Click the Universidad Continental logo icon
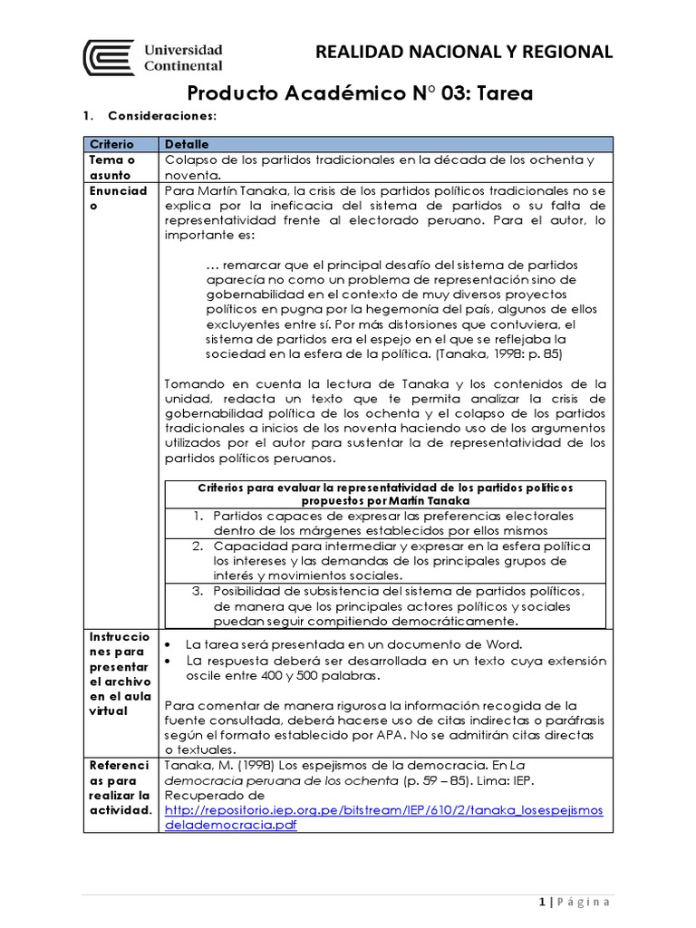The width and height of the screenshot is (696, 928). point(109,57)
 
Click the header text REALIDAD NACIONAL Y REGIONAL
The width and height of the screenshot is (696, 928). point(463,52)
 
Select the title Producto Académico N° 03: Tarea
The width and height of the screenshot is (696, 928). point(360,93)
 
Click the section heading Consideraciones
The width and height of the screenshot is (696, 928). point(161,116)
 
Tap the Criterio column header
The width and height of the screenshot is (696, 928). point(111,144)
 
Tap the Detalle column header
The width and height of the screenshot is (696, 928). point(186,144)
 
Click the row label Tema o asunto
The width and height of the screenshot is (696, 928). point(109,168)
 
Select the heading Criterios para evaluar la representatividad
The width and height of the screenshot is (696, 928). point(385,493)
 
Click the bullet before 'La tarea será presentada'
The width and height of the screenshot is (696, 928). point(169,644)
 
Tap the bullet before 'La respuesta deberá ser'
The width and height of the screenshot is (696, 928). point(169,662)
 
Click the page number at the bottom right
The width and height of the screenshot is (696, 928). point(541,902)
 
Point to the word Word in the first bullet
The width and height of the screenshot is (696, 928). point(503,644)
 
